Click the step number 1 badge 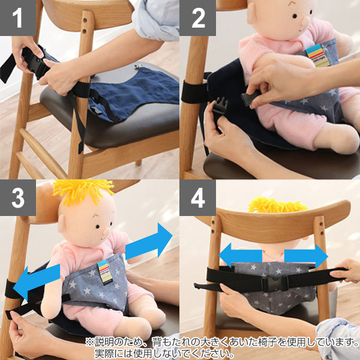pos(18,18)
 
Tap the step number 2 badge pos(197,18)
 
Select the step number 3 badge pos(18,197)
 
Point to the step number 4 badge pos(197,197)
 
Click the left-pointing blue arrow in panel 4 pos(240,256)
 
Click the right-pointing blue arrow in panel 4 pos(306,256)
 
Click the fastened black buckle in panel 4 pos(275,284)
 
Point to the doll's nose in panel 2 pos(306,21)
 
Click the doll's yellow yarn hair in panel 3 pos(83,191)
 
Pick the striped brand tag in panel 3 pos(104,272)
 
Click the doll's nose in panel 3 pos(106,232)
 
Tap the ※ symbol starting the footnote pos(90,343)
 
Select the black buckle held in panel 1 pos(35,65)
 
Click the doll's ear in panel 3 pos(62,224)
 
